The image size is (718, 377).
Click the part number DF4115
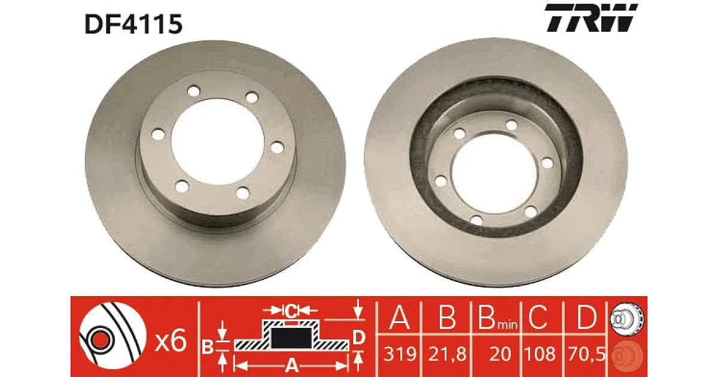point(133,24)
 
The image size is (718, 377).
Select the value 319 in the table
point(400,354)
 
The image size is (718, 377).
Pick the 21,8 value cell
point(447,354)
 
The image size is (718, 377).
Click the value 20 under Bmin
point(500,354)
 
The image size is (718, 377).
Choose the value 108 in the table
point(540,354)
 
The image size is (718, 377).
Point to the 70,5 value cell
point(586,354)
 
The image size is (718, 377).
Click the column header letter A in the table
point(400,317)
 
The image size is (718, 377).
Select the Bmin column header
point(497,317)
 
